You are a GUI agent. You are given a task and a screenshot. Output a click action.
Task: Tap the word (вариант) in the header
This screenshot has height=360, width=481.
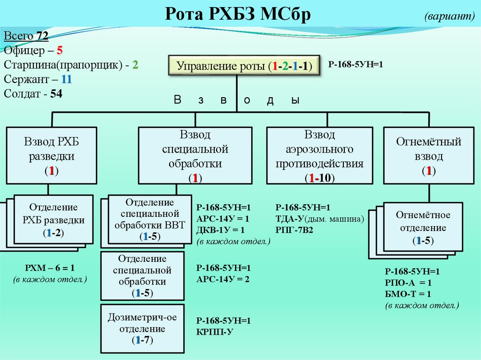coord(450,16)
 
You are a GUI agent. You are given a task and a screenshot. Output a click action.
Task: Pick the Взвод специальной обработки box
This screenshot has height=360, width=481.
coord(195,155)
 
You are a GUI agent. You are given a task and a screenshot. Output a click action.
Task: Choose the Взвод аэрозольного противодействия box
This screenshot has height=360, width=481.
coord(319,155)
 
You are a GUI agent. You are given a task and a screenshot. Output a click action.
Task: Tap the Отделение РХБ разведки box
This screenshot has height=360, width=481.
coord(53,220)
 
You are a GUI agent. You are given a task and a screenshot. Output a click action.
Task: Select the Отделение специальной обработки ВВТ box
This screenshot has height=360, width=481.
coord(149,220)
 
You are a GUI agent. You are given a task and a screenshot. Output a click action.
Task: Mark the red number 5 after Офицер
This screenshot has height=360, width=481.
coord(60,50)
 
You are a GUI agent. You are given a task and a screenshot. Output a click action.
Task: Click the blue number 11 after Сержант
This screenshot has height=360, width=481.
coord(66,79)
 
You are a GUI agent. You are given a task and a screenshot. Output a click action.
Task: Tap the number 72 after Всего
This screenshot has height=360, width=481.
coord(42,36)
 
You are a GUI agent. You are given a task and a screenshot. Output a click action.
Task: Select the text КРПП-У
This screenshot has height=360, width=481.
coord(215,332)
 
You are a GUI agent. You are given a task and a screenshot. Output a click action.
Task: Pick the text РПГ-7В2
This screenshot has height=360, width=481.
coord(295,230)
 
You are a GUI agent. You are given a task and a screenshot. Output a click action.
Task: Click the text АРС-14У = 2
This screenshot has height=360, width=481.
coord(223,279)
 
